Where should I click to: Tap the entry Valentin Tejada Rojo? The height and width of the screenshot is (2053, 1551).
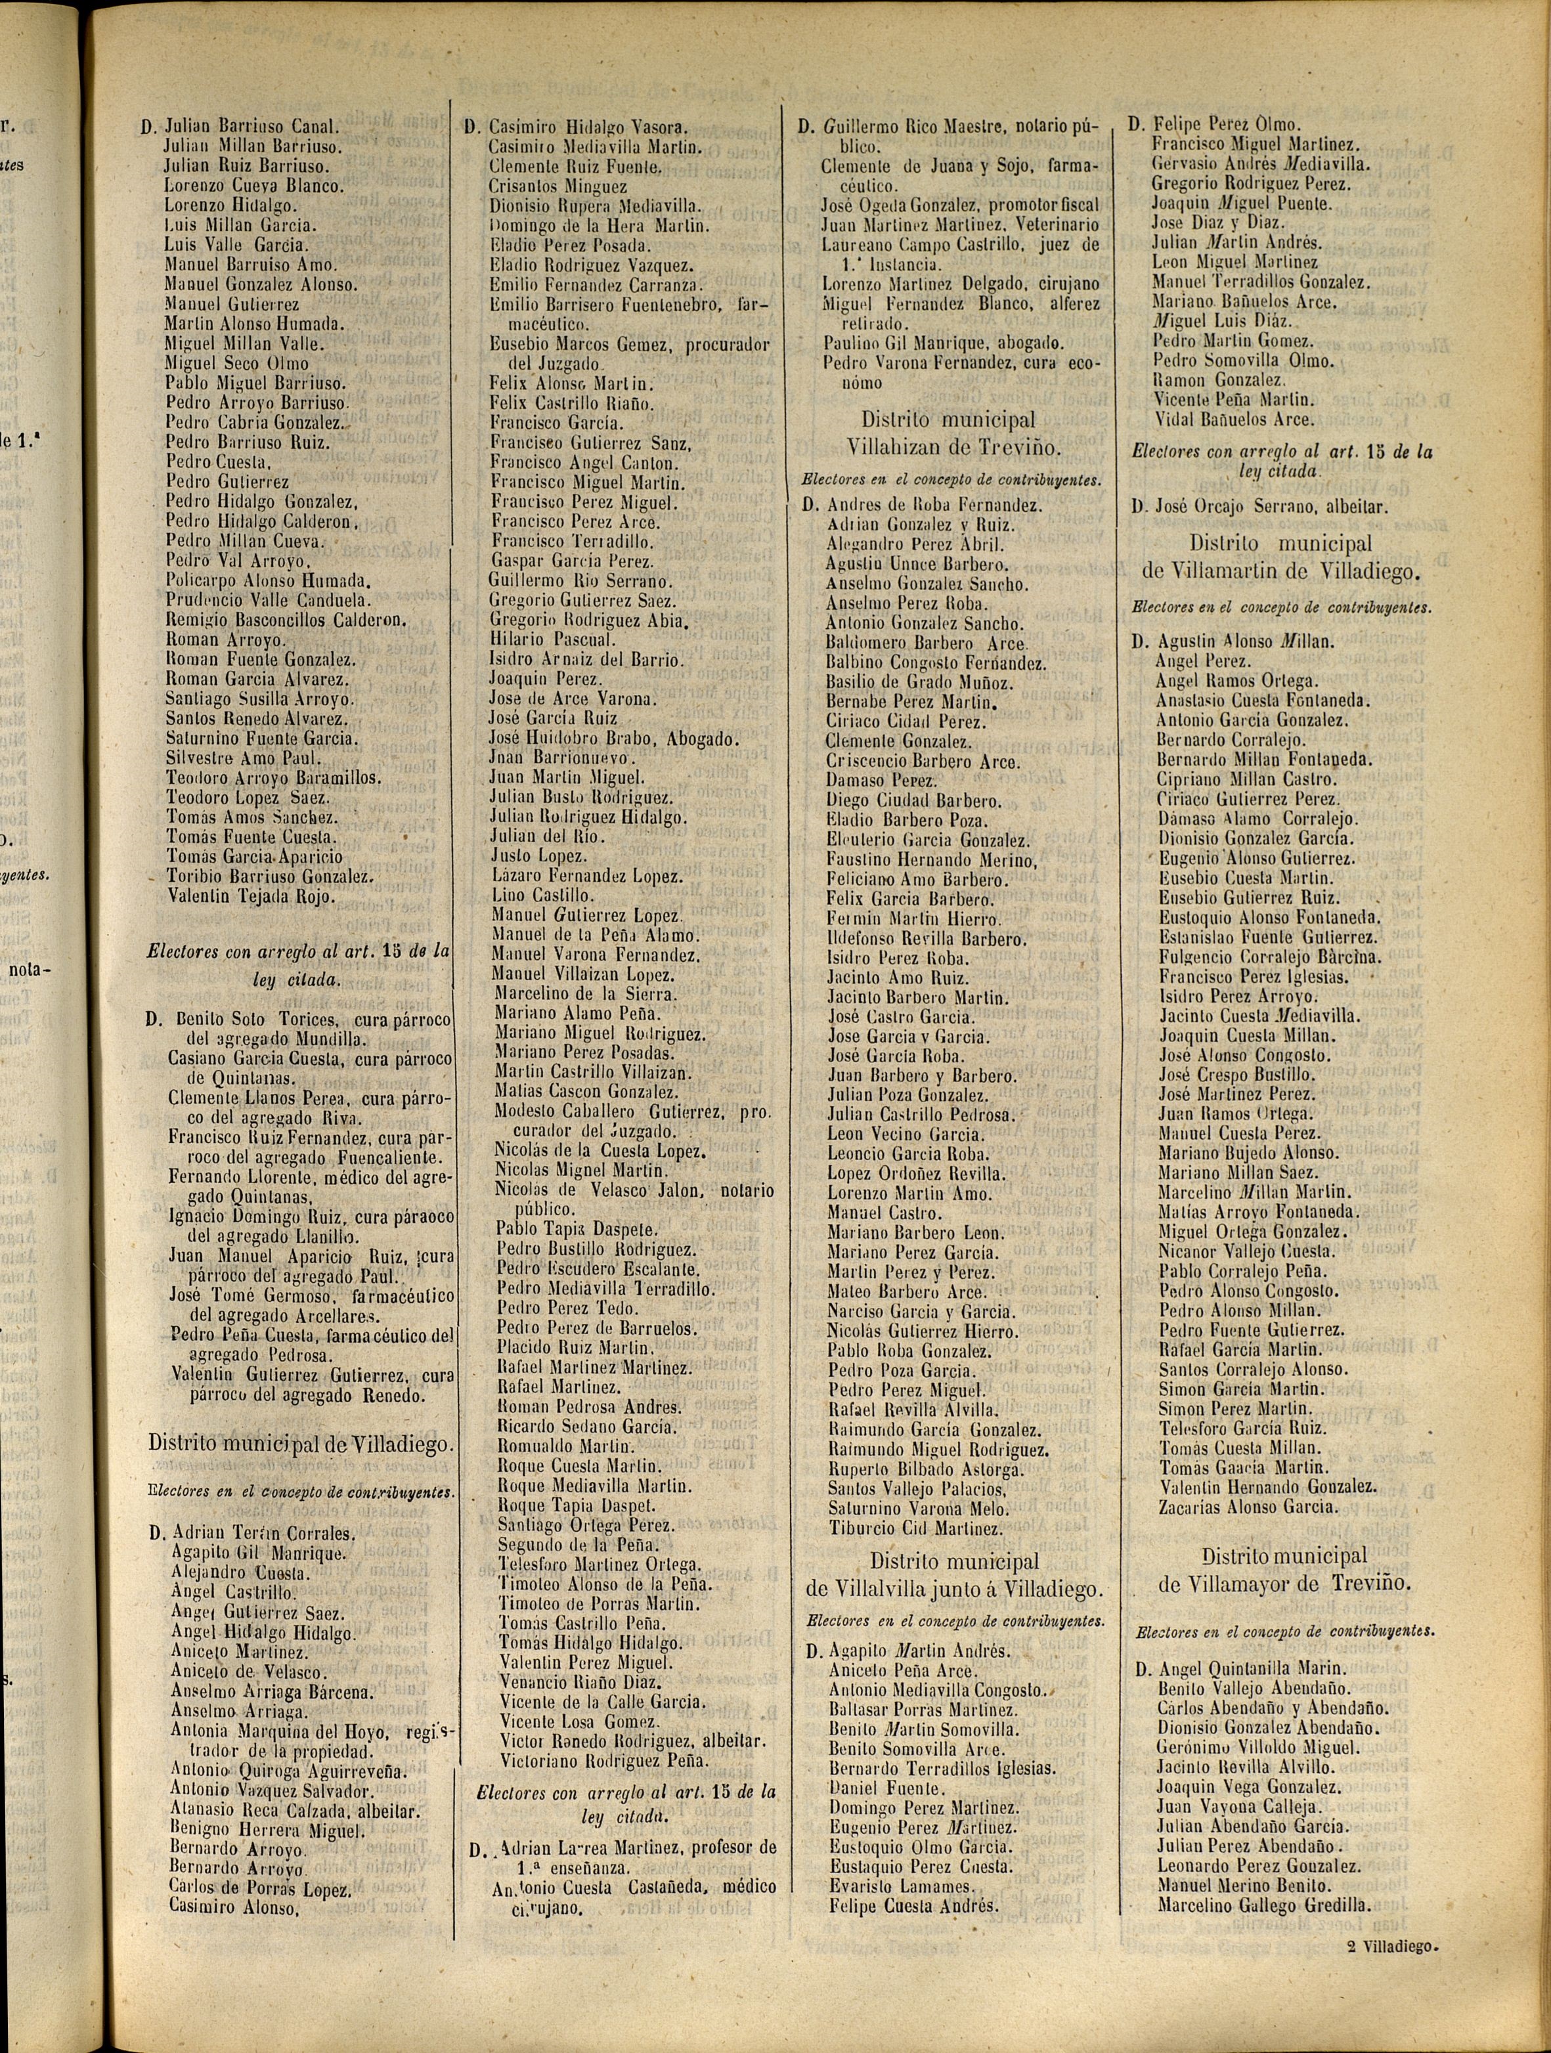251,897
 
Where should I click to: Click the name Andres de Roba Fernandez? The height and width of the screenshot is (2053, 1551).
934,506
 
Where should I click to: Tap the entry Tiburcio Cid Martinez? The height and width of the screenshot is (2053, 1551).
914,1528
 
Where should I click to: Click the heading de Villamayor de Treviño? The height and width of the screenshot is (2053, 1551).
1284,1584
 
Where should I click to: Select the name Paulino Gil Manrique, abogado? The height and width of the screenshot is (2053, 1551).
943,343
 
